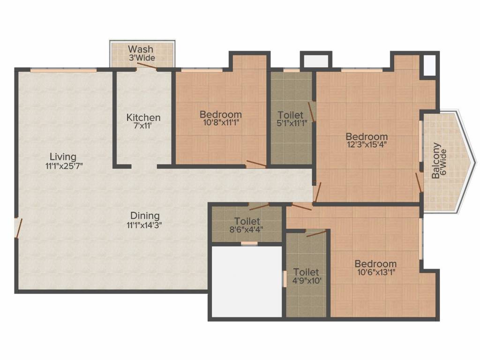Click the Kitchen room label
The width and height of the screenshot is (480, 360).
(143, 118)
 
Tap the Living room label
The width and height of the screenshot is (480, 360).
(63, 157)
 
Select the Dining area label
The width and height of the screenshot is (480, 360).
(145, 216)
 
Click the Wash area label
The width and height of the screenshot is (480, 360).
(141, 49)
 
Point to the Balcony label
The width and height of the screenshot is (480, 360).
(436, 160)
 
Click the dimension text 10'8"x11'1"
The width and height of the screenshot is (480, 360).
(221, 123)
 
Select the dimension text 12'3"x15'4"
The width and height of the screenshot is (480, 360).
(367, 145)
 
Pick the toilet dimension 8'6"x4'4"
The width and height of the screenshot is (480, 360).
(247, 230)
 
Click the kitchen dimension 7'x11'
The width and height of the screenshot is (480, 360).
(143, 126)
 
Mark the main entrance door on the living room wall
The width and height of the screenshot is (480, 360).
(18, 228)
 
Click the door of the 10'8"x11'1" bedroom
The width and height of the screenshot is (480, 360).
(256, 164)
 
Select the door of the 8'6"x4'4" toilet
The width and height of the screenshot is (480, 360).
(259, 207)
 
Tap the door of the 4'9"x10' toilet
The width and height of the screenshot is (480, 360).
(316, 233)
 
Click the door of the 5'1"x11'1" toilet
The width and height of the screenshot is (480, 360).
(311, 111)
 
